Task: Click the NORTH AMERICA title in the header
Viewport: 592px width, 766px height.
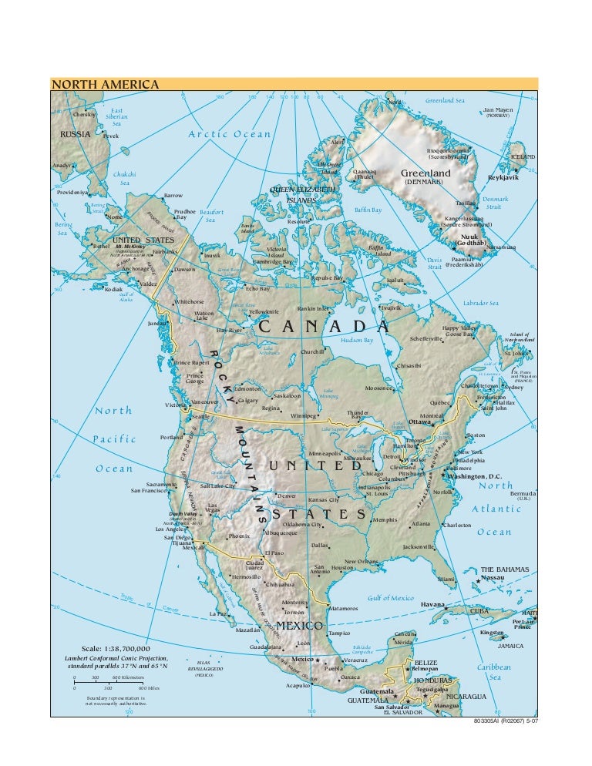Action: (105, 84)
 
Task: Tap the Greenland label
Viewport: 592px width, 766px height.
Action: (425, 173)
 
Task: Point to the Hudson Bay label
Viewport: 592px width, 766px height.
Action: (357, 339)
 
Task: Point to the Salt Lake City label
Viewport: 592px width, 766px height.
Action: (217, 486)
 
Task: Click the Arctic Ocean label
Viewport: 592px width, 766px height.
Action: (230, 134)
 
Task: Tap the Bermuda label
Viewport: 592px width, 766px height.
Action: (523, 493)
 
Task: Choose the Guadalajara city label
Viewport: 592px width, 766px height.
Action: (268, 647)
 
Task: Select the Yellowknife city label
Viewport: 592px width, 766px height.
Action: (262, 311)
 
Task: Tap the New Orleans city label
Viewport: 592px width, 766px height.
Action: (361, 561)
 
